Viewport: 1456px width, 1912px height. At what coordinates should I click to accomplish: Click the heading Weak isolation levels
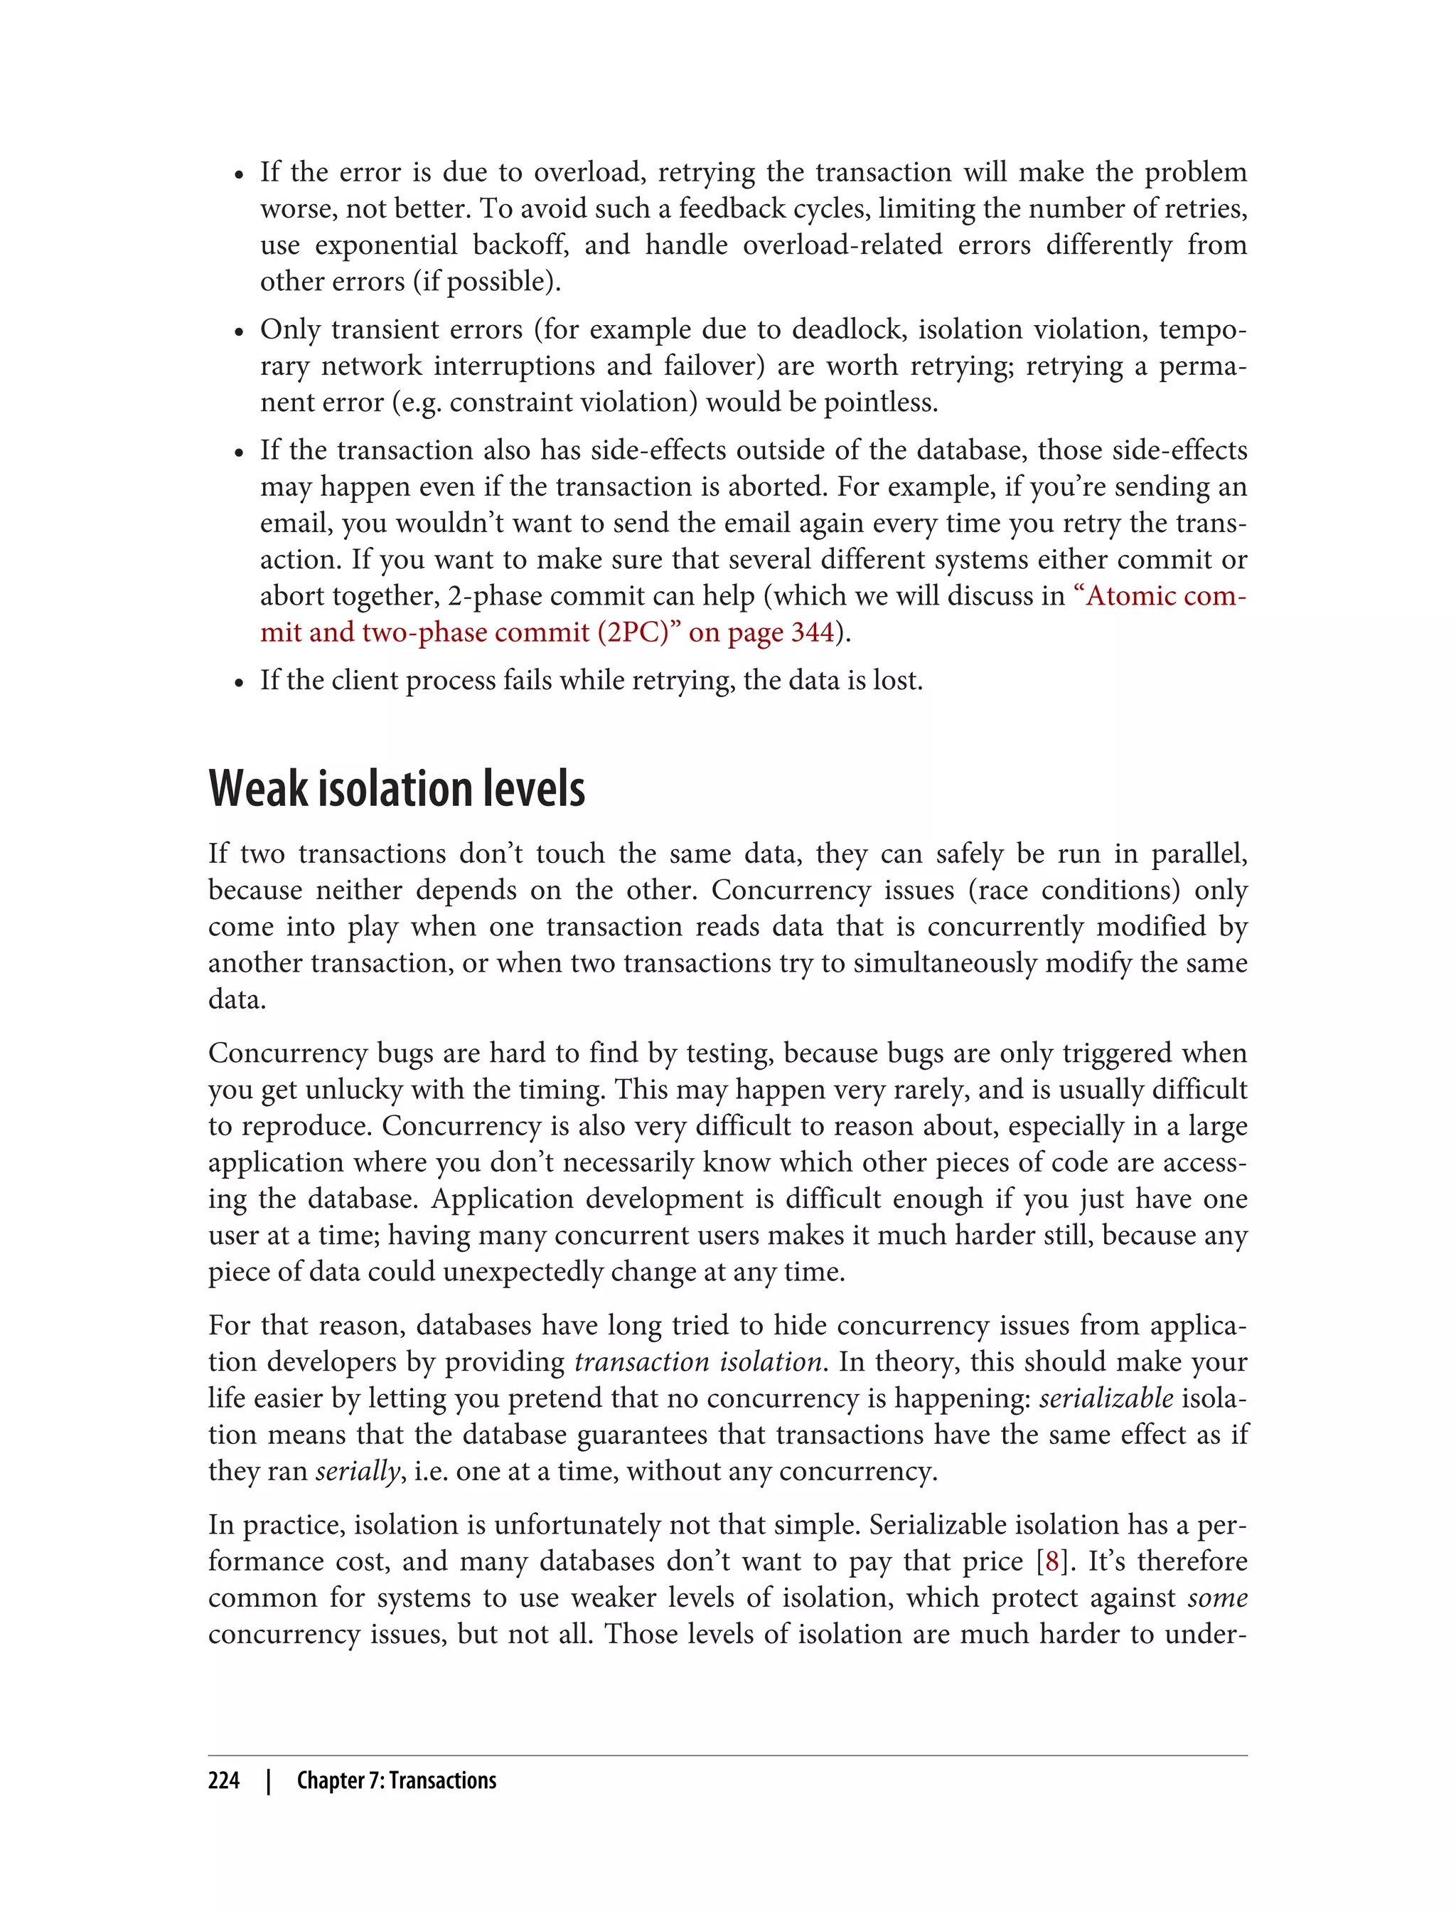tap(396, 789)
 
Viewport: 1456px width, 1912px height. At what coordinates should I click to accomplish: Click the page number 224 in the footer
tap(224, 1780)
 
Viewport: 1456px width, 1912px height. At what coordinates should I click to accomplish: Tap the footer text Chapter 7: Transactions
tap(396, 1780)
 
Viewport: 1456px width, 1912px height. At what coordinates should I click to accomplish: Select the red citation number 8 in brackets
tap(1051, 1562)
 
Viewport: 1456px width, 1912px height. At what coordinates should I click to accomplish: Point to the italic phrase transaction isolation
tap(697, 1361)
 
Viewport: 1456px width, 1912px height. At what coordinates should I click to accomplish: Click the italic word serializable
tap(1106, 1398)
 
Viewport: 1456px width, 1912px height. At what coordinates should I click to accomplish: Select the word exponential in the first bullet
tap(385, 245)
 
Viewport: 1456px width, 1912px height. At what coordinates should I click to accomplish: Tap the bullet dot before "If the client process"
tap(240, 682)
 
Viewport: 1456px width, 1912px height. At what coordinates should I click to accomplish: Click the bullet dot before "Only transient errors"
tap(240, 332)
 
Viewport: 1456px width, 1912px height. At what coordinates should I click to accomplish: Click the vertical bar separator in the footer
tap(269, 1780)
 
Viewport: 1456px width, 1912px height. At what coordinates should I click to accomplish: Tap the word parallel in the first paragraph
tap(1199, 854)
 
